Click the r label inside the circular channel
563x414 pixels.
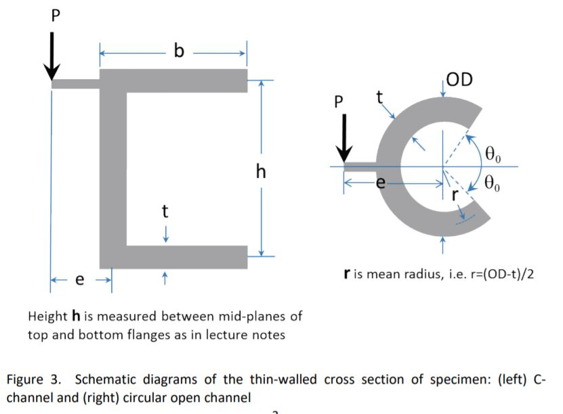click(x=455, y=194)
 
